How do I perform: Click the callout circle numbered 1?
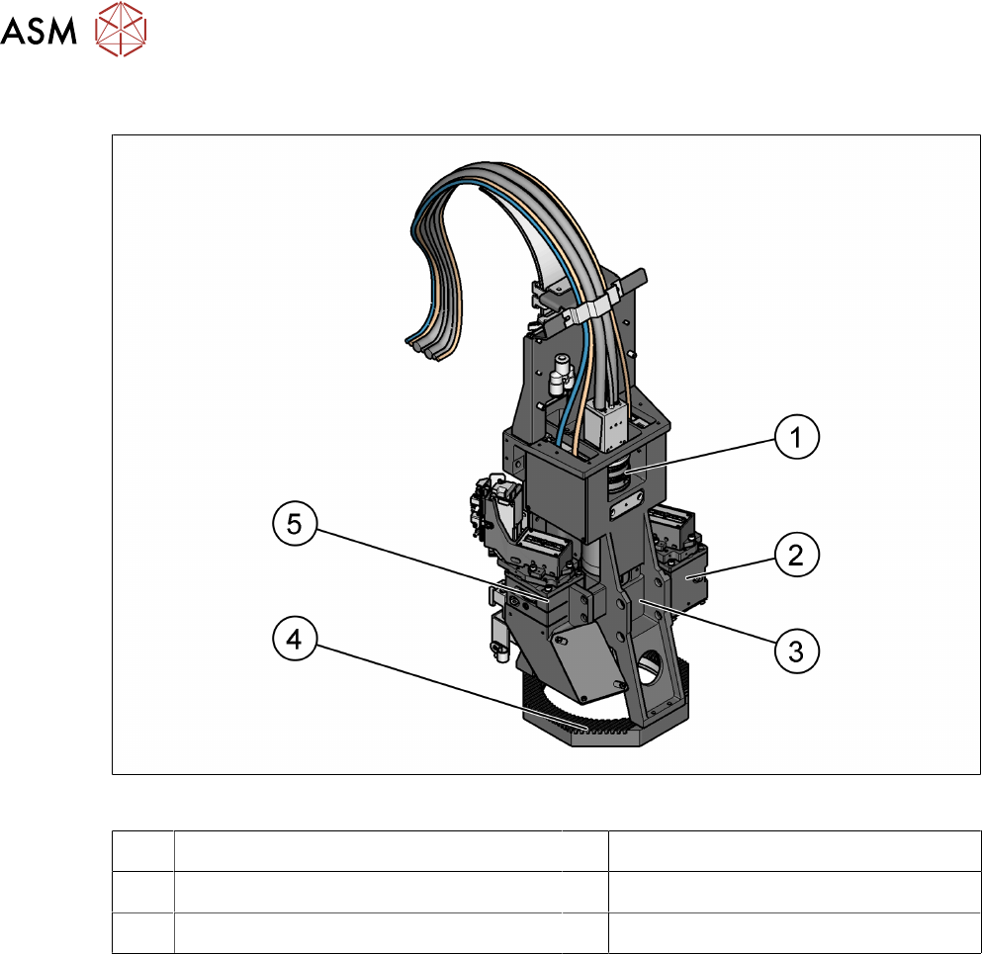pos(797,437)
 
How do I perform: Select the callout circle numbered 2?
pos(797,555)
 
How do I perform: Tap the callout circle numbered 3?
pos(797,651)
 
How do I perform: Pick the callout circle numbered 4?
pos(295,639)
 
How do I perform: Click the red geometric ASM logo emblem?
pos(121,29)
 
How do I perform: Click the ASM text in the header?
pos(39,31)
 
